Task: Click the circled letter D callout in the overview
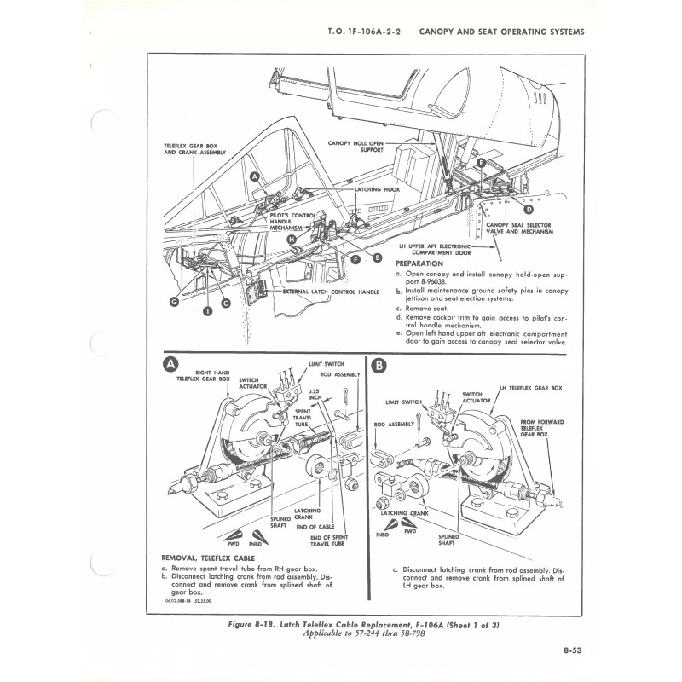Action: click(x=529, y=209)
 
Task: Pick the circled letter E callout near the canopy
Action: click(x=482, y=162)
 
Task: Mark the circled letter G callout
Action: click(x=174, y=301)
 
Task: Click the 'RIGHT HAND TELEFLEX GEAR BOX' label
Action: click(x=205, y=376)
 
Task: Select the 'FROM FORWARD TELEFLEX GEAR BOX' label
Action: click(x=542, y=427)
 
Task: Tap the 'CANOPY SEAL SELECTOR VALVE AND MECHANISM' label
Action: click(x=520, y=228)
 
